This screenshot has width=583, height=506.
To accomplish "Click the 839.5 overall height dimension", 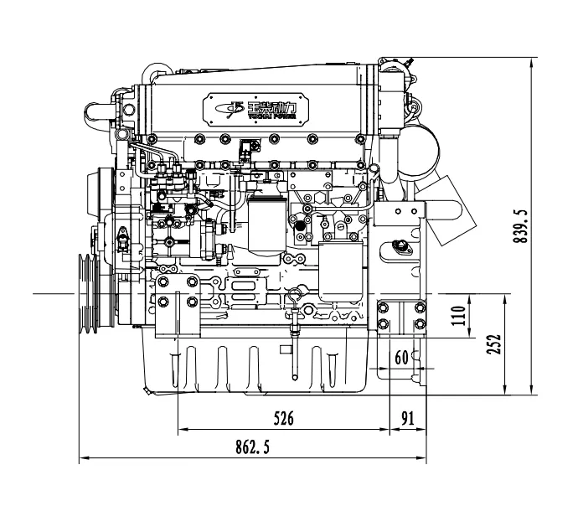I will tap(521, 226).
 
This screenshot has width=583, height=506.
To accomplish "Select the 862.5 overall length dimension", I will tap(254, 447).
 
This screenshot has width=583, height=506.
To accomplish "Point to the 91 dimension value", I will tap(409, 417).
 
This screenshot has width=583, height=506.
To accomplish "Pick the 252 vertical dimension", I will tap(494, 343).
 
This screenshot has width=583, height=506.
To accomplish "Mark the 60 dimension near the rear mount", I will tap(401, 358).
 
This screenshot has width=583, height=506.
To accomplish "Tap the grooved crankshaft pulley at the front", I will tap(86, 294).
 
